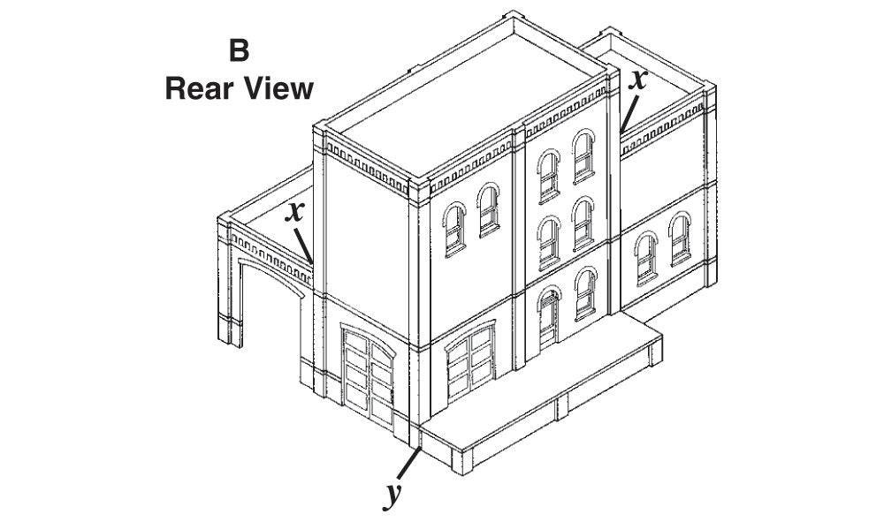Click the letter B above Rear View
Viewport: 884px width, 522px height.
click(x=239, y=50)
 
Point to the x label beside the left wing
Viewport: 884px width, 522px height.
click(x=293, y=212)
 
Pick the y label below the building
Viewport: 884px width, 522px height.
click(x=393, y=495)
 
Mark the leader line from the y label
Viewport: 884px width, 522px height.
click(x=408, y=464)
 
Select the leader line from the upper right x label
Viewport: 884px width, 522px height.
click(x=629, y=114)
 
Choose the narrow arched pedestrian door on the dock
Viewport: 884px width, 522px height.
click(x=549, y=318)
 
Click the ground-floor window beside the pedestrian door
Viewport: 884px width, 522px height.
click(x=586, y=293)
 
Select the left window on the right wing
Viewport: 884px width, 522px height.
click(x=646, y=259)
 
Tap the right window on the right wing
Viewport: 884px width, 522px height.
click(x=681, y=238)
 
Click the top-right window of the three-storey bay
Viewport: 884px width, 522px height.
click(x=584, y=156)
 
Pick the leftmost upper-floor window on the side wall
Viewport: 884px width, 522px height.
click(x=454, y=229)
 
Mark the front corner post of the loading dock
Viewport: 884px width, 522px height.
click(x=462, y=462)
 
